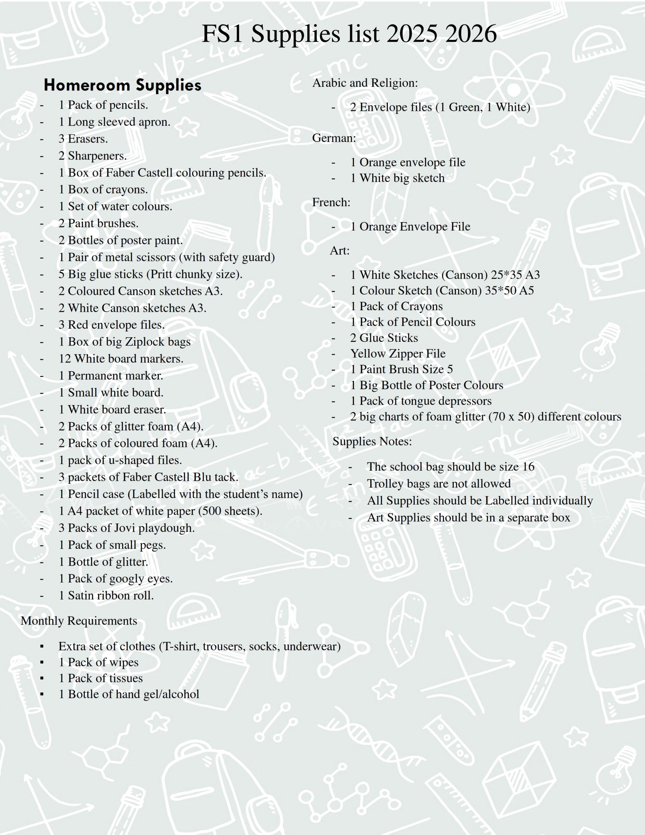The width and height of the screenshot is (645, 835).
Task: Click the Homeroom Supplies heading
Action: click(x=122, y=85)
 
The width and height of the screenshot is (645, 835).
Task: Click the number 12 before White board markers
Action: click(x=65, y=358)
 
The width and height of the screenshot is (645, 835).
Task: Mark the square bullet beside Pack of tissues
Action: click(x=42, y=678)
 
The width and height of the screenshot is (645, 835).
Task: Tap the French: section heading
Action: click(x=331, y=202)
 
